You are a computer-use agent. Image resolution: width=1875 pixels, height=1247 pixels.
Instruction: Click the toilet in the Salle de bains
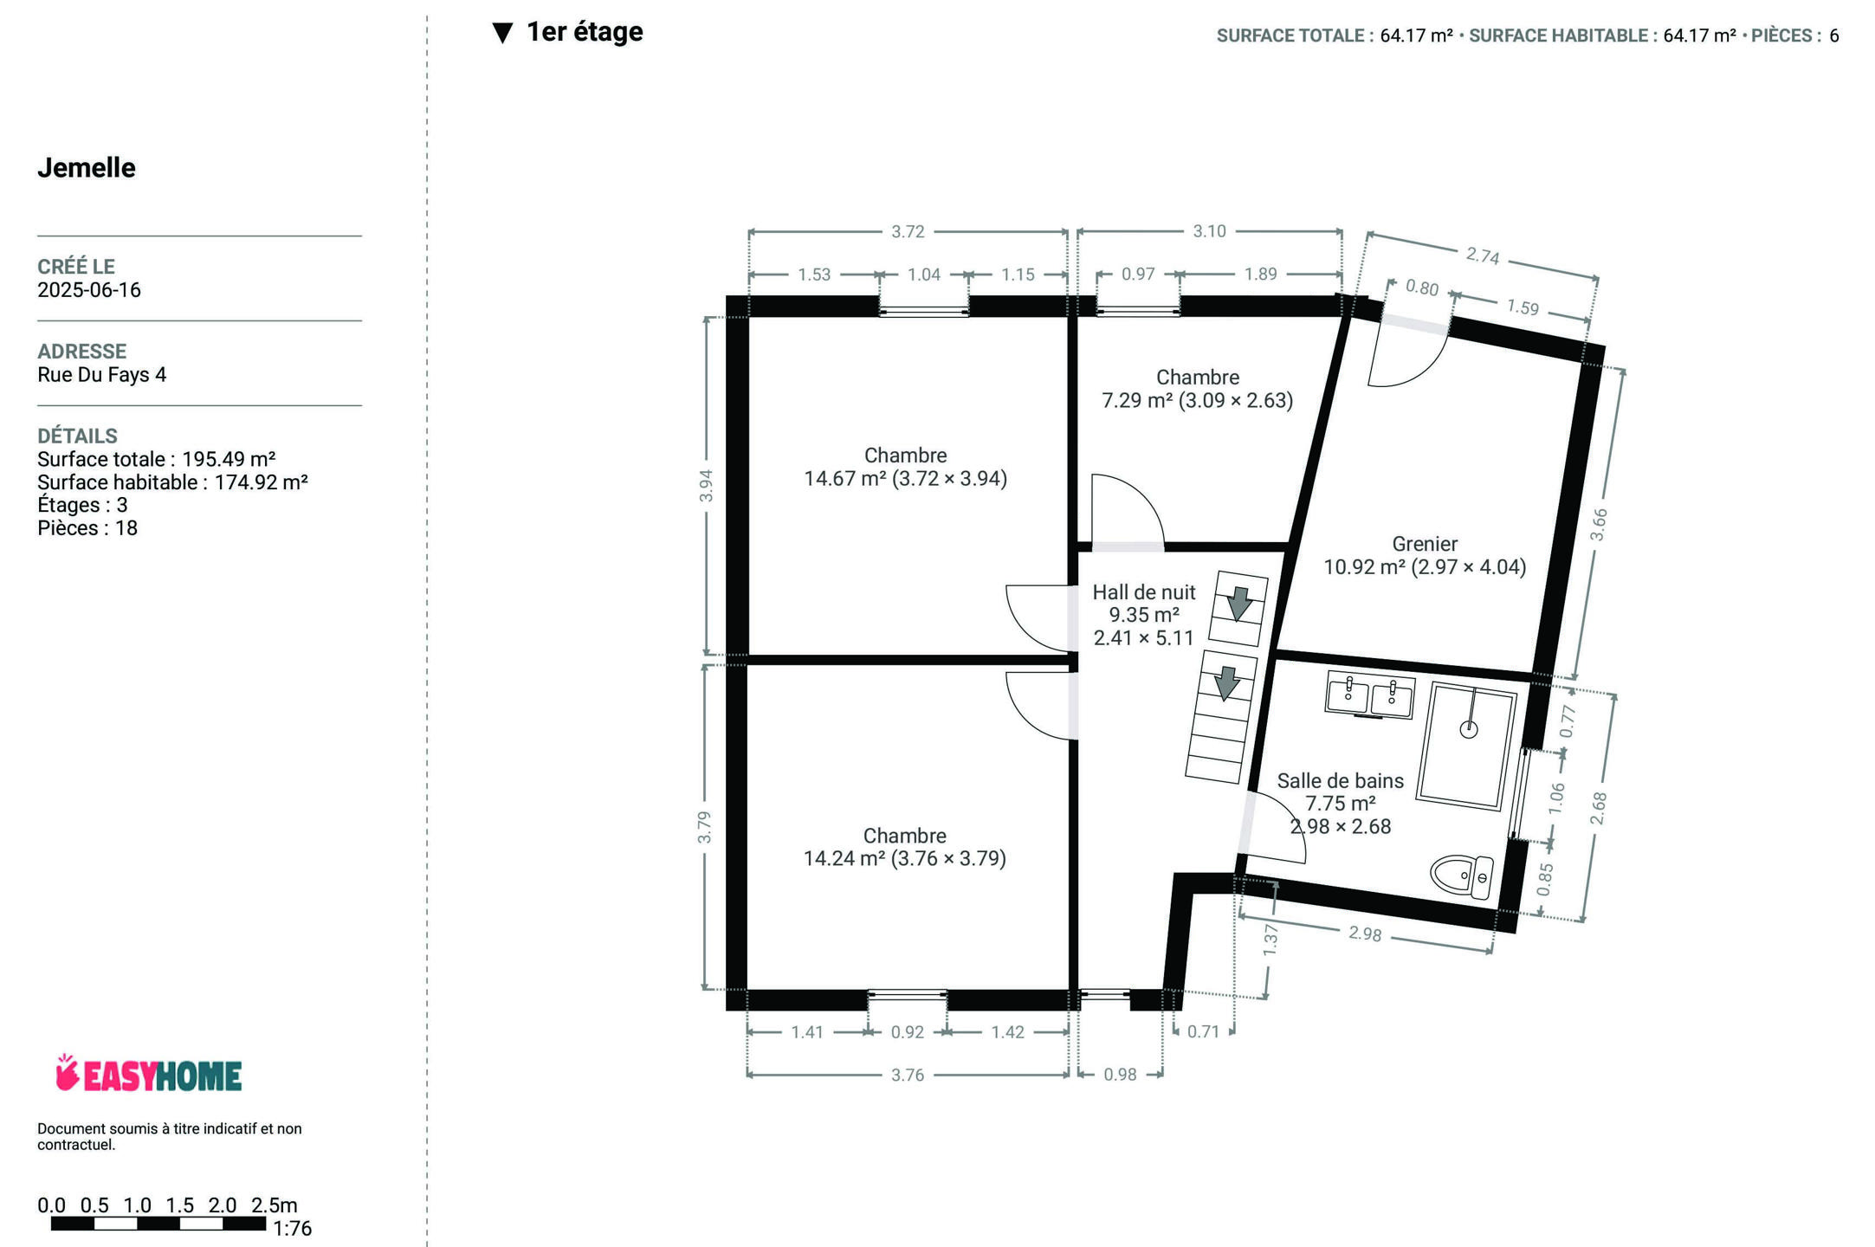tap(1462, 876)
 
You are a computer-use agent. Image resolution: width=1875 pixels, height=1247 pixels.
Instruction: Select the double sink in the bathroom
tap(1370, 695)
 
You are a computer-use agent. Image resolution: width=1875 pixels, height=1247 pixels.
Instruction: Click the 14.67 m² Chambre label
tap(906, 467)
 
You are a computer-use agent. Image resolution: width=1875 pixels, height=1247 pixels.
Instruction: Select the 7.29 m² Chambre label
tap(1198, 389)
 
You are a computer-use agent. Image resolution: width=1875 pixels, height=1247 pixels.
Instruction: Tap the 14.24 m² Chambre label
tap(905, 847)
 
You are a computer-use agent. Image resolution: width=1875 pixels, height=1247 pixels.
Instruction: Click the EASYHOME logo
tap(148, 1074)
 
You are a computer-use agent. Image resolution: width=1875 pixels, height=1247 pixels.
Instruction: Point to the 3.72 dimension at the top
tap(908, 231)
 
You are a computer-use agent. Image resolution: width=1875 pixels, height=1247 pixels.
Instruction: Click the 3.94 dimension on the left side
tap(706, 485)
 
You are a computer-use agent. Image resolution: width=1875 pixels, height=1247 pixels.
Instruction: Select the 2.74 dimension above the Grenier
tap(1483, 255)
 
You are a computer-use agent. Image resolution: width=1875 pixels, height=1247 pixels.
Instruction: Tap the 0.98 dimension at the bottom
tap(1120, 1075)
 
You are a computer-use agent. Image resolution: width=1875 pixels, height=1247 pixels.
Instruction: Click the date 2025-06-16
tap(89, 290)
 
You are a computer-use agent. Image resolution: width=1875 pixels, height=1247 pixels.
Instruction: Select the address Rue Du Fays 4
tap(101, 375)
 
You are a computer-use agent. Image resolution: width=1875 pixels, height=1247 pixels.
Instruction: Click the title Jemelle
tap(87, 168)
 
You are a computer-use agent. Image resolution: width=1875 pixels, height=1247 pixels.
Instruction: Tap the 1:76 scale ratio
tap(292, 1228)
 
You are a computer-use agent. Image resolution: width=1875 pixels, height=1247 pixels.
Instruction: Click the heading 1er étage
tap(585, 32)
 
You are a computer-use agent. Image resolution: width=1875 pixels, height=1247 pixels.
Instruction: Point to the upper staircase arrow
tap(1239, 603)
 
